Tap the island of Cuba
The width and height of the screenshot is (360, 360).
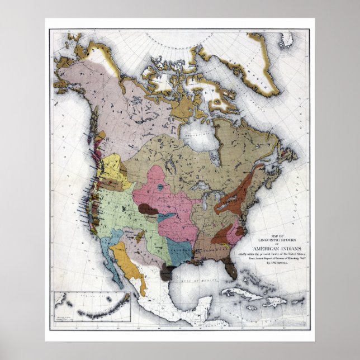241,293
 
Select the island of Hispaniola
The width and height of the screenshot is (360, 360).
274,301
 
